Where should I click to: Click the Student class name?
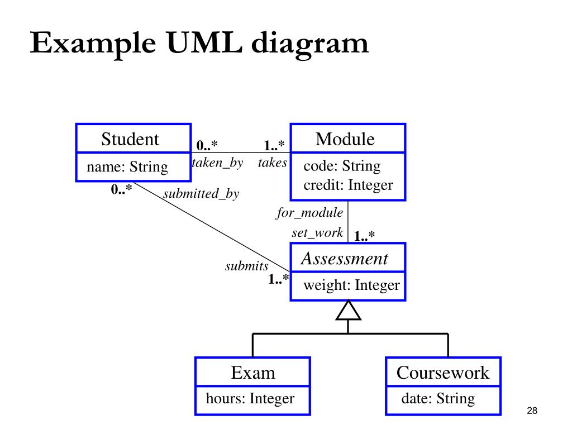130,139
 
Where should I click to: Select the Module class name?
345,139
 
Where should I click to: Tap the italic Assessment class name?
344,259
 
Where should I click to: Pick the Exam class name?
253,373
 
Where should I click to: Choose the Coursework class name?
442,373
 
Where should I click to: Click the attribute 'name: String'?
127,166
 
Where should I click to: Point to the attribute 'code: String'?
342,166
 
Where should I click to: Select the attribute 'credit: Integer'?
348,185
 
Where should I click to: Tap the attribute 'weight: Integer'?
351,285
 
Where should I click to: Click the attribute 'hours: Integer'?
250,398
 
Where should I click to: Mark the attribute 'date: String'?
438,398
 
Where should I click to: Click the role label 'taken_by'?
217,163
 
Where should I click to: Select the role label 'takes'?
273,163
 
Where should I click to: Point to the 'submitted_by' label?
201,194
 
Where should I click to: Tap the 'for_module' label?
310,213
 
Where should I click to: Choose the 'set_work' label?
317,233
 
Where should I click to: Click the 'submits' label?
247,266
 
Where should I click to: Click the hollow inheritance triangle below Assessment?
348,311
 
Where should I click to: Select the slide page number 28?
531,412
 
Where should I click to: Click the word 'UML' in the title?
203,44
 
